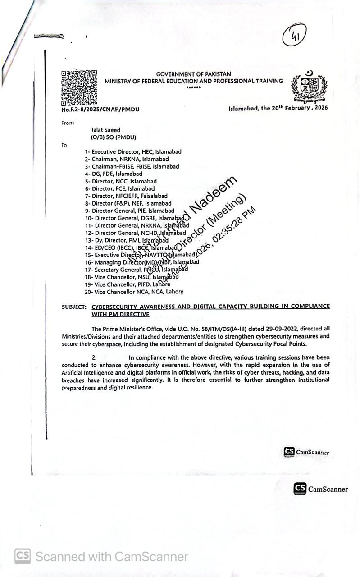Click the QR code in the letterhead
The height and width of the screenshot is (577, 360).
click(79, 87)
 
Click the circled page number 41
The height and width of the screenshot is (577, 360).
click(294, 36)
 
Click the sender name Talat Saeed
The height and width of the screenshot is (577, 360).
click(106, 130)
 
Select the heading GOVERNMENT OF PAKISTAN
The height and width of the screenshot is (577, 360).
click(193, 74)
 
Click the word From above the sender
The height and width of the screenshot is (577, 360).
click(68, 123)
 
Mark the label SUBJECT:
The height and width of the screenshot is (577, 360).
click(74, 307)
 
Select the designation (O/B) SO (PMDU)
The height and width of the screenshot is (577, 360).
click(113, 137)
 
